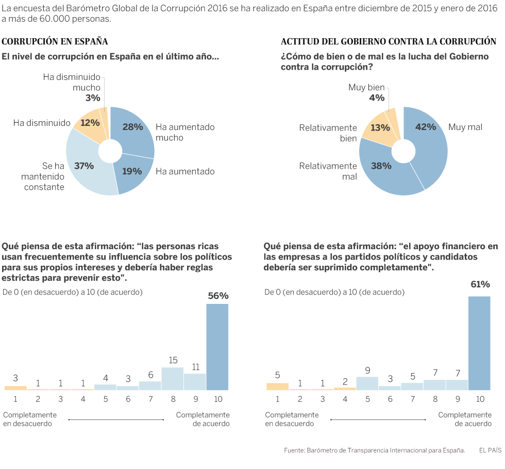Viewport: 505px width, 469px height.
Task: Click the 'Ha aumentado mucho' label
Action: click(184, 132)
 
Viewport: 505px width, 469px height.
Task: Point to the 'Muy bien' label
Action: click(366, 88)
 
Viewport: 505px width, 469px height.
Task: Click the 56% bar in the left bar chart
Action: click(217, 347)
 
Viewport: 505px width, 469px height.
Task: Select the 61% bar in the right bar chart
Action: click(479, 343)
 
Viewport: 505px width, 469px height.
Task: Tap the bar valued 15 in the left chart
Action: click(173, 378)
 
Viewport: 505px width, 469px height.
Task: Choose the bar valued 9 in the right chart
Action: click(367, 383)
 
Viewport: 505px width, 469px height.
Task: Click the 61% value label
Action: click(480, 284)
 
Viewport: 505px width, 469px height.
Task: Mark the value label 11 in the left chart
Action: click(195, 367)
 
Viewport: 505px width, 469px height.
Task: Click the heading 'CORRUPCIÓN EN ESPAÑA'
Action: click(55, 41)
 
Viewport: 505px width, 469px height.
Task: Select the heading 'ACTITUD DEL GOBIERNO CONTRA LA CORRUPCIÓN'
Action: click(389, 41)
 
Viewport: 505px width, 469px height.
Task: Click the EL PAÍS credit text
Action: click(490, 450)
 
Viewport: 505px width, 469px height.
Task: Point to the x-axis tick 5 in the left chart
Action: click(105, 399)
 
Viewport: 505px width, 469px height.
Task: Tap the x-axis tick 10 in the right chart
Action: click(480, 399)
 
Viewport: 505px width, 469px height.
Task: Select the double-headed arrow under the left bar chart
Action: click(116, 419)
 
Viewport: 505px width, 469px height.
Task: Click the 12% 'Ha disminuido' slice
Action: click(89, 124)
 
